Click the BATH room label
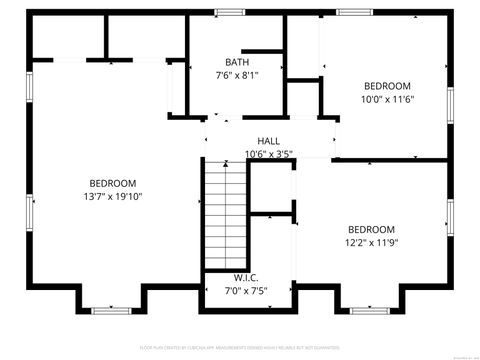237,62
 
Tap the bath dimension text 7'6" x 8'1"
237,75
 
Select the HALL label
268,141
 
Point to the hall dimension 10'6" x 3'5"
268,154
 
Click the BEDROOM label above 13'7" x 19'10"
113,183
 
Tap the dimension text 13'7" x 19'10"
113,196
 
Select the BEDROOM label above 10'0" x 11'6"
386,86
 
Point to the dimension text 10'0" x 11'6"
386,99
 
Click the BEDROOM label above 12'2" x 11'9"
371,229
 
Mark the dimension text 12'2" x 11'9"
371,242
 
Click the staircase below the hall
224,215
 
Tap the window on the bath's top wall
230,12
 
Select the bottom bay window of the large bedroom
112,311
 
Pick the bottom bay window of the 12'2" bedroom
370,311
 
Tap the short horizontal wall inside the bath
263,50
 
